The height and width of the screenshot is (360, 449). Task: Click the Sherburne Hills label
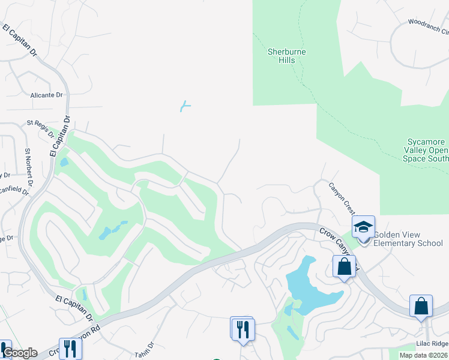click(286, 56)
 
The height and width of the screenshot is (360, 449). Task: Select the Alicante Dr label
click(47, 95)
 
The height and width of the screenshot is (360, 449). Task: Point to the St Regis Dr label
click(40, 128)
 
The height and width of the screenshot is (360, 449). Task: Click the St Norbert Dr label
click(28, 161)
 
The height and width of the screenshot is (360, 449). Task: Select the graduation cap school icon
click(363, 227)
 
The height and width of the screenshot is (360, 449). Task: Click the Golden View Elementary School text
click(408, 239)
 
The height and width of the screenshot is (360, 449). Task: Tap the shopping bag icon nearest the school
click(344, 266)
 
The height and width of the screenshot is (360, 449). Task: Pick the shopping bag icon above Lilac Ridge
click(421, 305)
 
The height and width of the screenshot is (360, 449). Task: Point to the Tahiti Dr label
click(145, 349)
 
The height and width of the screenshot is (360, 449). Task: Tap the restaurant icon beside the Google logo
click(70, 348)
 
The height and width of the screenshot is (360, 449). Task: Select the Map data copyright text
click(424, 355)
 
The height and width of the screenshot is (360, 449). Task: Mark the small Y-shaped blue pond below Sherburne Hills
click(185, 107)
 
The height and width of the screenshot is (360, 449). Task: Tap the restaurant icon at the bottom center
click(243, 329)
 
